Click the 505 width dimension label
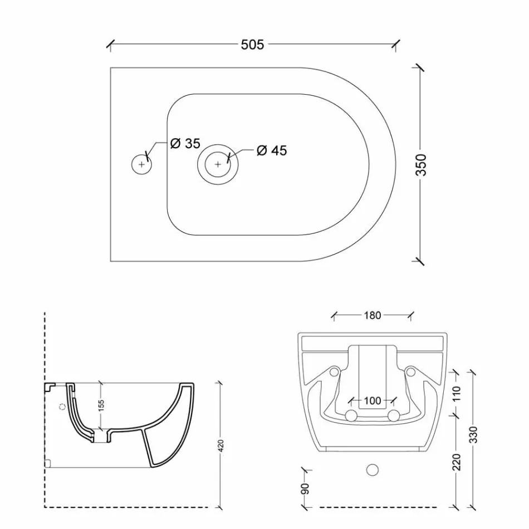pos(252,45)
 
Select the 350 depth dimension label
pos(422,165)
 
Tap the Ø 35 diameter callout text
pos(185,144)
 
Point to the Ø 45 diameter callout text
pos(272,151)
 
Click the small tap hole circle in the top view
pos(141,164)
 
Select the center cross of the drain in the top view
pos(218,164)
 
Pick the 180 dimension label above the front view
pos(372,316)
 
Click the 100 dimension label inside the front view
pos(372,400)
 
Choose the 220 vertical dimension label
pos(457,461)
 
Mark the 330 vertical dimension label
pos(473,434)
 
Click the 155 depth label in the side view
pos(101,405)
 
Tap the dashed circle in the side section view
pos(62,406)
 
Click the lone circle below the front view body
pos(373,470)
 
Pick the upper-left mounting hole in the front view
pos(334,371)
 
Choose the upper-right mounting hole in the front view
pos(410,371)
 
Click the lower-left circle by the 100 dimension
pos(351,415)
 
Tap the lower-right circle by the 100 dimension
pos(393,415)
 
